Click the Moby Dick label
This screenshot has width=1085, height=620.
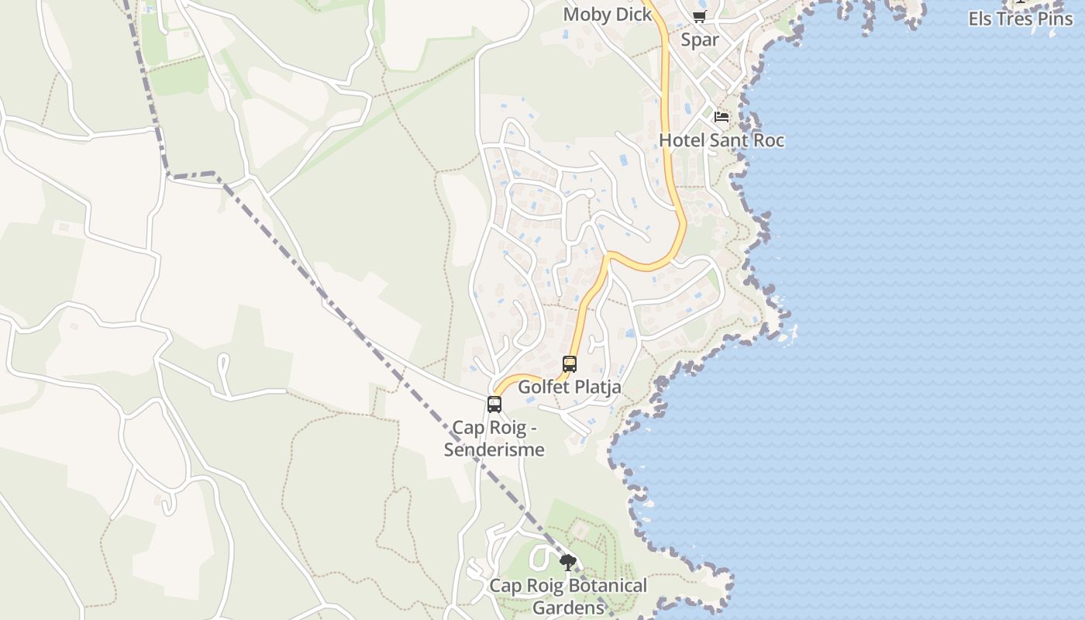point(608,15)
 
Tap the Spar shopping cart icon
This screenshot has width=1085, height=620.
point(699,16)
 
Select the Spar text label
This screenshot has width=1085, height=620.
point(700,40)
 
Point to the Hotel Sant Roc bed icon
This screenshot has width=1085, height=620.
point(722,117)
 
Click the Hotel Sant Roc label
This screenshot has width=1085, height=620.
point(722,140)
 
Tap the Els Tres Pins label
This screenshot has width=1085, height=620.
point(1021,19)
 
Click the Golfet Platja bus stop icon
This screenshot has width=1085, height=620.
point(570,363)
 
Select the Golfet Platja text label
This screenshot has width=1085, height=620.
point(570,387)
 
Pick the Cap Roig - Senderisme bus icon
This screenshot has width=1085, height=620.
point(494,404)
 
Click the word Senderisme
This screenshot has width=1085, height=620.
point(494,449)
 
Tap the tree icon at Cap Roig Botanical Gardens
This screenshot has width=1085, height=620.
point(568,563)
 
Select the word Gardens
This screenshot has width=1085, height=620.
point(568,608)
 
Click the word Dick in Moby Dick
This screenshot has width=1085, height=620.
point(632,15)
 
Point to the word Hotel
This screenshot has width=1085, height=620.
point(680,140)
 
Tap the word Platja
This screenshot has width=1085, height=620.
point(598,387)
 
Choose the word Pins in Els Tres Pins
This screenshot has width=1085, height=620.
point(1056,19)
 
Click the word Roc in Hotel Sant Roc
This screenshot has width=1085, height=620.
point(766,140)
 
